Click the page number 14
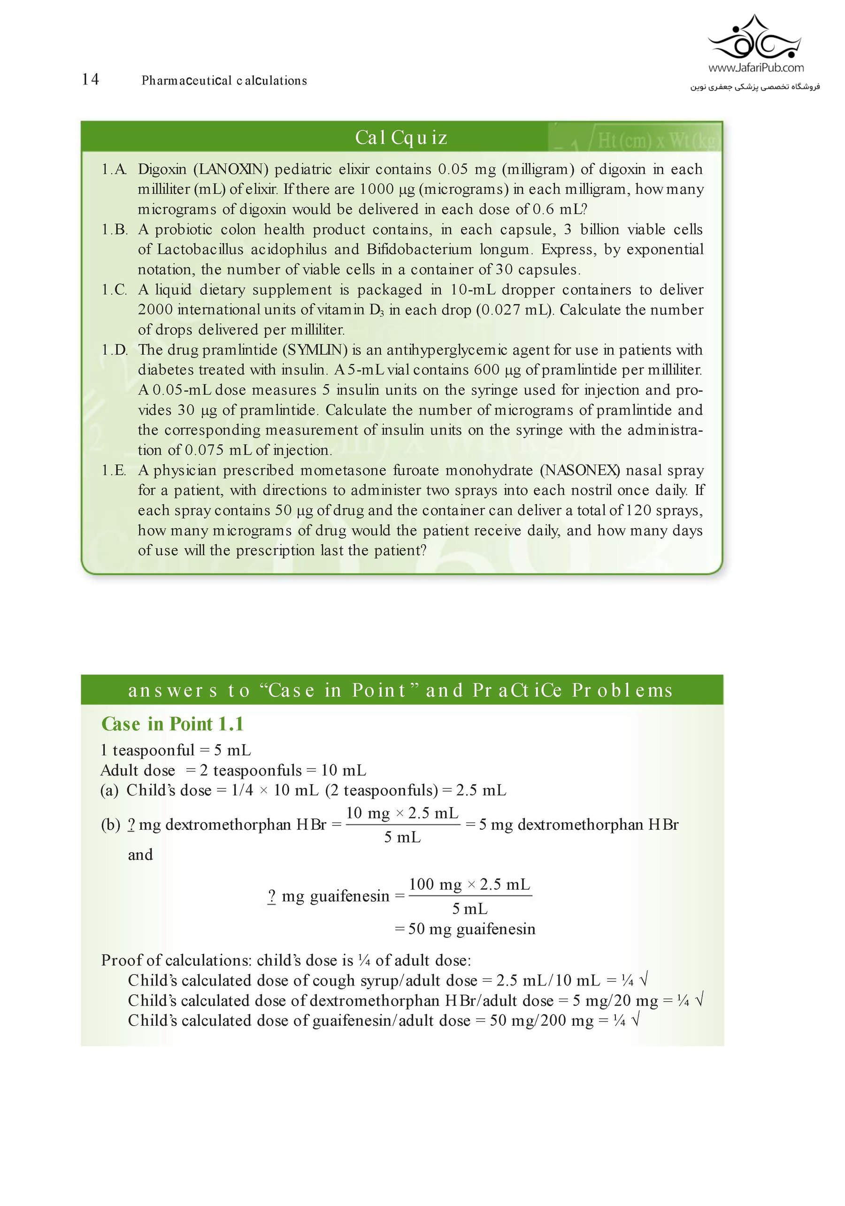[x=91, y=79]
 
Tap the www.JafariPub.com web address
[x=756, y=68]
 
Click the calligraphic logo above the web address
[x=755, y=38]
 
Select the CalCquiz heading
[x=401, y=137]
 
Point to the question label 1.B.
[x=114, y=229]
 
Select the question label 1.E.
[x=114, y=470]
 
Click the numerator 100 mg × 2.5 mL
[x=469, y=884]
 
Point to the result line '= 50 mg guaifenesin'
[x=465, y=929]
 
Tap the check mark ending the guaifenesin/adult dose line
[x=635, y=1020]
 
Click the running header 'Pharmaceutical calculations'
[x=224, y=80]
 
